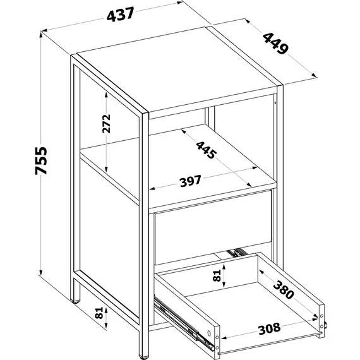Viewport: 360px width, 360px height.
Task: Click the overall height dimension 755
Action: (x=41, y=160)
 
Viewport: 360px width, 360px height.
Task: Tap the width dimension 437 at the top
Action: (x=120, y=15)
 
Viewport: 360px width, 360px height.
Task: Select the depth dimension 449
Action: (x=275, y=44)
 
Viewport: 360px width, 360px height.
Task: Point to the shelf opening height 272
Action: (x=106, y=124)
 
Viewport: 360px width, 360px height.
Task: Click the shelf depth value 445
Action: (x=206, y=150)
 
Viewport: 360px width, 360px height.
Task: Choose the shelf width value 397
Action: (x=191, y=181)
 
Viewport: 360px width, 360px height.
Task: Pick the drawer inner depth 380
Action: (x=284, y=289)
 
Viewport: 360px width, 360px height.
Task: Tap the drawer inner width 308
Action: (x=269, y=328)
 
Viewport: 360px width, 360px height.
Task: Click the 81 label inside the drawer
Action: (x=217, y=275)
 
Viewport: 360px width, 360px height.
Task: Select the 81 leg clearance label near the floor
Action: (x=99, y=313)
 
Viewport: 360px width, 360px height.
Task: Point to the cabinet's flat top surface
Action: (x=176, y=69)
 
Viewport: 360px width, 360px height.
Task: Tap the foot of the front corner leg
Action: (x=143, y=357)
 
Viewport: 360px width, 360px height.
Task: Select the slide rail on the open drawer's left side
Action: (x=184, y=324)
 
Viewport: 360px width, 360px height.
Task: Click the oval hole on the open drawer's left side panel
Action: (x=209, y=333)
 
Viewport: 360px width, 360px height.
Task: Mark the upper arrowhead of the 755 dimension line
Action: (x=41, y=35)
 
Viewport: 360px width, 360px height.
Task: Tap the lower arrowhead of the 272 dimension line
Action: (x=106, y=169)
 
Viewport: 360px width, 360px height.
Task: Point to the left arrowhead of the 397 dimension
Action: (x=152, y=189)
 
